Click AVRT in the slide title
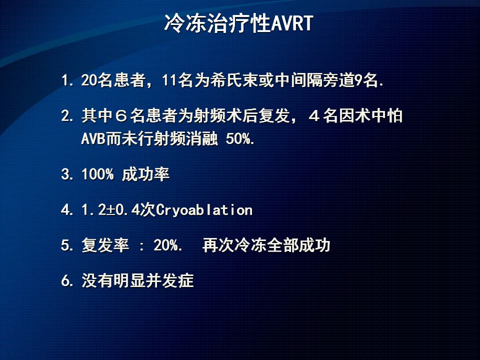292,23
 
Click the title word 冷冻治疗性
217,23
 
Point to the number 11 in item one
169,80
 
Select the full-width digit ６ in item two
121,116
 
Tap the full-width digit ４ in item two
314,116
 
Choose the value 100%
97,174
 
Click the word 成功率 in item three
145,174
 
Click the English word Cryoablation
204,210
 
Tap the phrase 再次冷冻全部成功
266,245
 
